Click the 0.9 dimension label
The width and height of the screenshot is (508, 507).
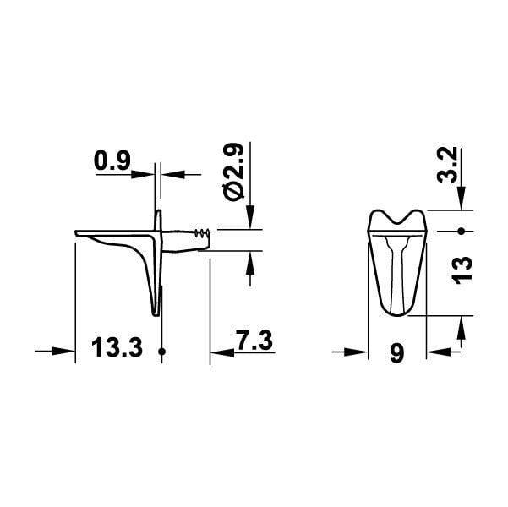(111, 160)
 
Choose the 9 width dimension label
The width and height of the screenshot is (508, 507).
(397, 352)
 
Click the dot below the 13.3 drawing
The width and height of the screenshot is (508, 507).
(161, 351)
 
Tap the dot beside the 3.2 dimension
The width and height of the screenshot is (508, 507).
(462, 231)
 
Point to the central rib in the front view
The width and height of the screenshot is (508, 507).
(397, 270)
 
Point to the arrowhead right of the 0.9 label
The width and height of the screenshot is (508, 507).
(172, 175)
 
